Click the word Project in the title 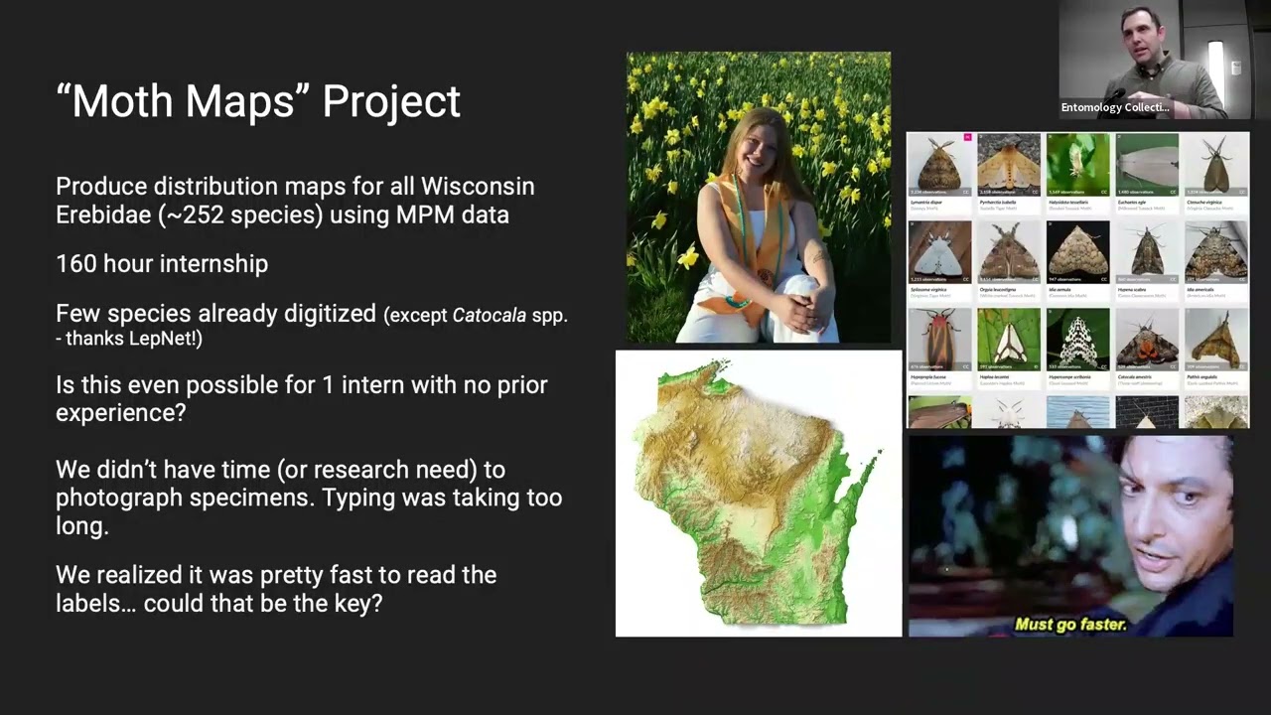391,101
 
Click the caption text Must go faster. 1070,625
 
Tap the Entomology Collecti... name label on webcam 1115,107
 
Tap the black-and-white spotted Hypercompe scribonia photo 1078,339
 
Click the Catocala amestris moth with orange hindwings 1147,339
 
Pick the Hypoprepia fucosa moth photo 939,339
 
